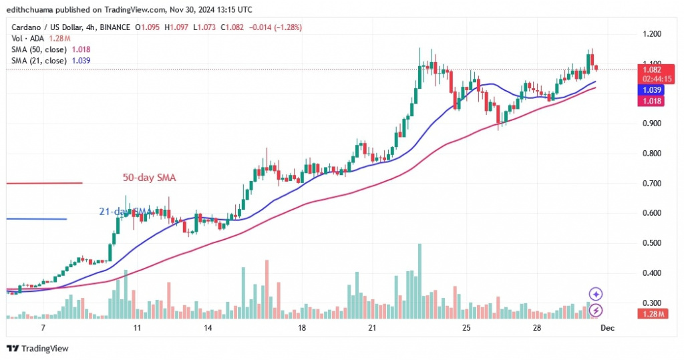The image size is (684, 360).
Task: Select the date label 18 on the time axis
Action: (x=302, y=329)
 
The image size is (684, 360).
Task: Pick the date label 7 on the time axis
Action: (x=43, y=329)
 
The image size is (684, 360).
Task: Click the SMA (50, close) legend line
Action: (x=49, y=49)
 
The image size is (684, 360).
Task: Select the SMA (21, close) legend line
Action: (x=49, y=61)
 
